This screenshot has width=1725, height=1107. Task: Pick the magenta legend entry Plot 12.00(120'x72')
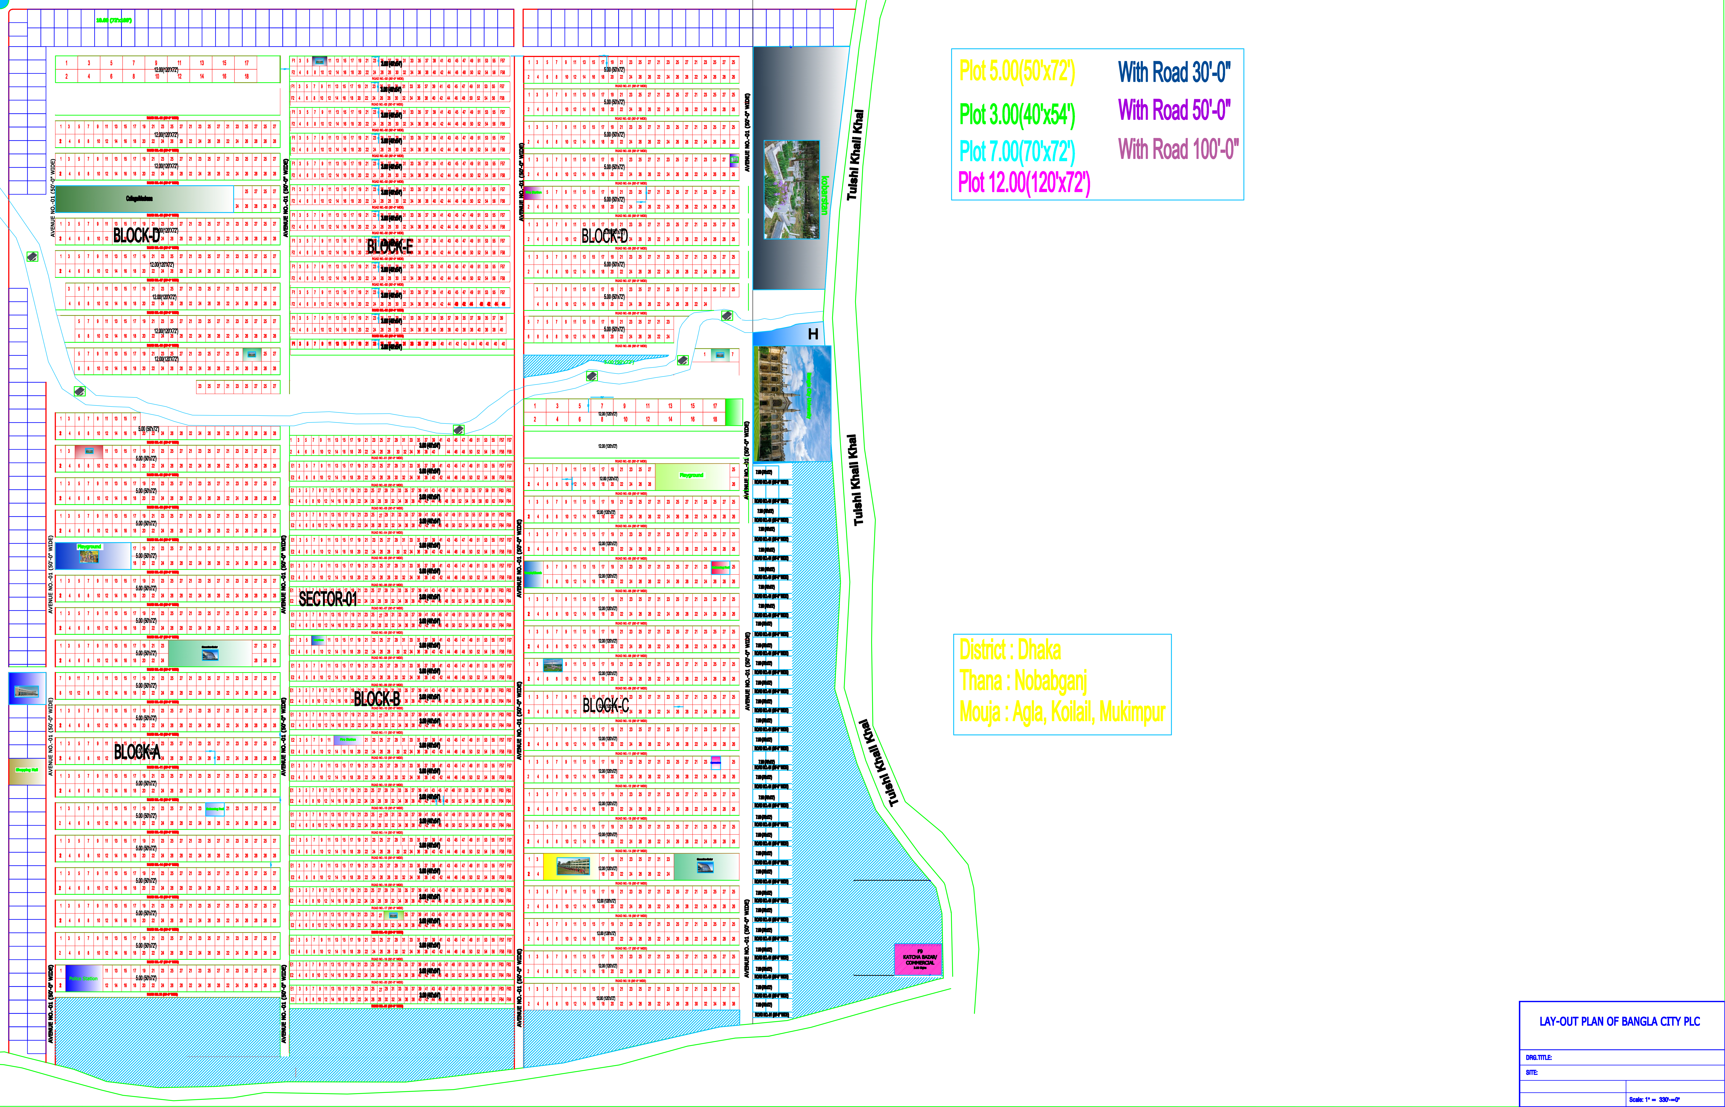click(1024, 183)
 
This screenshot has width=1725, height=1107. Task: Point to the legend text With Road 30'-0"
click(1173, 72)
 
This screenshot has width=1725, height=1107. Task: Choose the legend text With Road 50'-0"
click(1173, 110)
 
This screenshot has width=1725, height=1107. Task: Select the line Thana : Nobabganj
click(1023, 681)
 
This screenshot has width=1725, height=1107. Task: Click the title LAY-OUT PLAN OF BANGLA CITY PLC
click(1619, 1021)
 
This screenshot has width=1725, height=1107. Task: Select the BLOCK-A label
click(137, 752)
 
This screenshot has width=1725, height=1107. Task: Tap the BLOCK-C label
click(605, 706)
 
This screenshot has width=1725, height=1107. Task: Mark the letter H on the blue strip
click(813, 334)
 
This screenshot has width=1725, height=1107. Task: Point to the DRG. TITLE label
click(1539, 1057)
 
